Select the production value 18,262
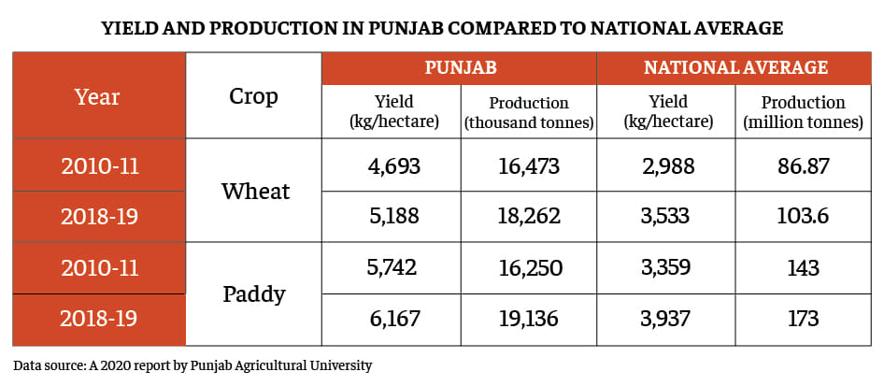click(528, 217)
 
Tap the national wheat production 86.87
click(803, 167)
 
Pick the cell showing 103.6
click(803, 217)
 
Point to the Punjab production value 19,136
click(528, 319)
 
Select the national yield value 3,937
click(666, 319)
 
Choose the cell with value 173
click(803, 319)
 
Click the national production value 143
click(803, 268)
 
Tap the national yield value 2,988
click(666, 167)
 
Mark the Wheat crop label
click(255, 192)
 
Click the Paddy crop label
click(254, 294)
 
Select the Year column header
click(98, 96)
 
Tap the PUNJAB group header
click(460, 67)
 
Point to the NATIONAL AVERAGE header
click(735, 67)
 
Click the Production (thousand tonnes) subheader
click(528, 112)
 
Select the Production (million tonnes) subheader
click(803, 112)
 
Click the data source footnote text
click(192, 365)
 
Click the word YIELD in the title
click(131, 28)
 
